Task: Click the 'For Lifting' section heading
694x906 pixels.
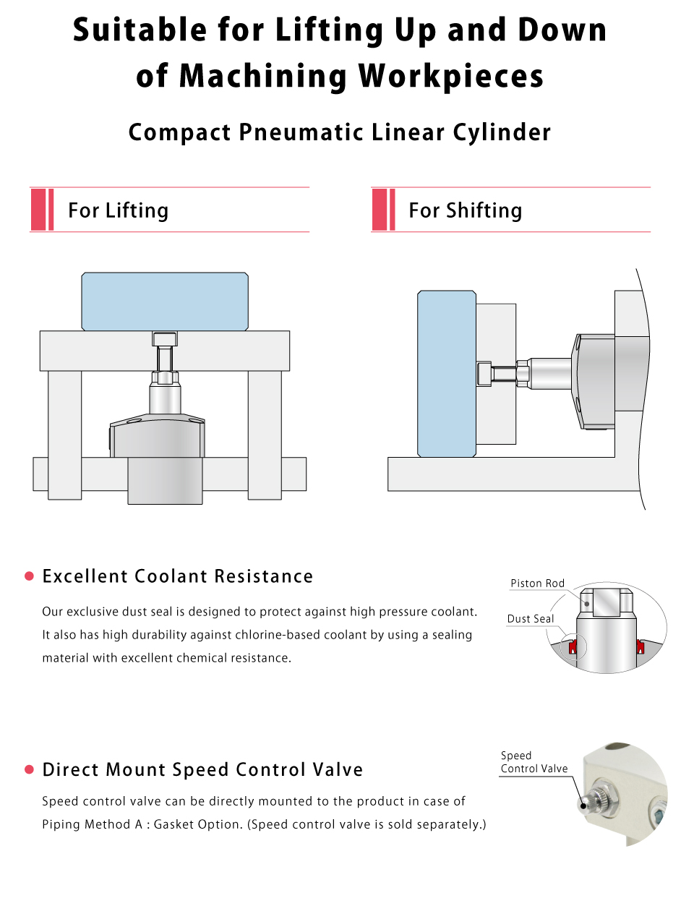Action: click(118, 210)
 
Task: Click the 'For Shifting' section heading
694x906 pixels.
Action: click(465, 210)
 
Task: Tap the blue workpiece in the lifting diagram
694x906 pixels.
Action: click(165, 301)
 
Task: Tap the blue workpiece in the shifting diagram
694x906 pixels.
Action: click(447, 374)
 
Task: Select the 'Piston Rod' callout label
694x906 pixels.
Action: click(537, 583)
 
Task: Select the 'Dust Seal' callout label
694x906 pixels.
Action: click(530, 618)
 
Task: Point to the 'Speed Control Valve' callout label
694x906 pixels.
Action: click(534, 761)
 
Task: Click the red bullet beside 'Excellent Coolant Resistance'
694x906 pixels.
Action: click(29, 576)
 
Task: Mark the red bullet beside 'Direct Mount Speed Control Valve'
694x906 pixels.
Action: click(29, 769)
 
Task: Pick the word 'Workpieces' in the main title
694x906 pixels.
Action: click(450, 76)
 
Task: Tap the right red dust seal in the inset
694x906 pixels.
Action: click(641, 646)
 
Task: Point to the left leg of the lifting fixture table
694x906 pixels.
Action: click(64, 435)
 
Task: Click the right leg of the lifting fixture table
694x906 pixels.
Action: click(265, 435)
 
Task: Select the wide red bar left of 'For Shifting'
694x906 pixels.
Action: click(379, 209)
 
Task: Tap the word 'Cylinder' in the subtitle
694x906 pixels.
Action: click(502, 132)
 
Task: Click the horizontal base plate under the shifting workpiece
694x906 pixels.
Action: click(513, 474)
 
